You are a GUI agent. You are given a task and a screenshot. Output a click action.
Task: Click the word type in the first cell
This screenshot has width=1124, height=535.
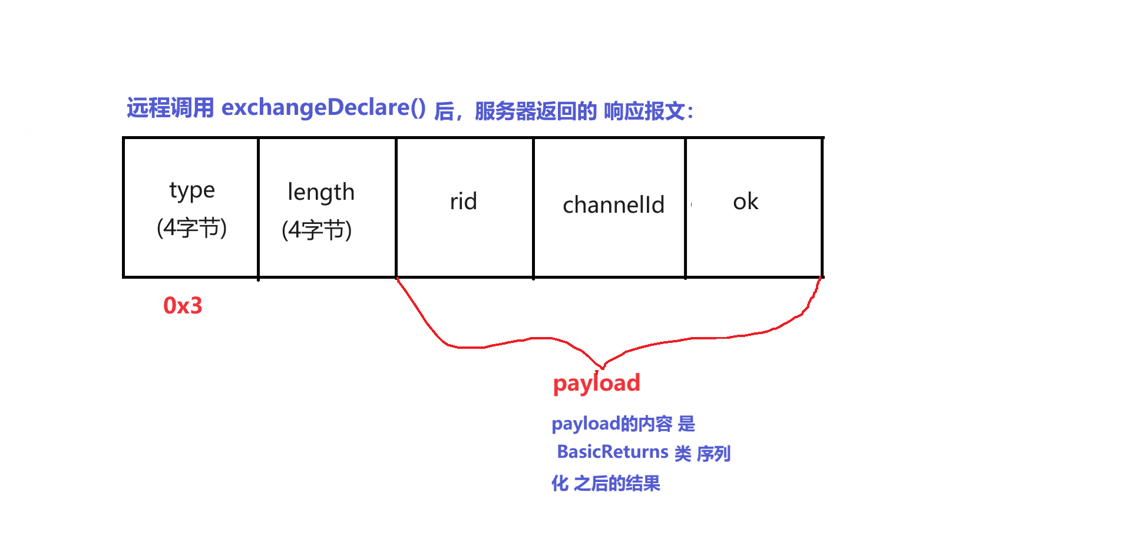pos(192,190)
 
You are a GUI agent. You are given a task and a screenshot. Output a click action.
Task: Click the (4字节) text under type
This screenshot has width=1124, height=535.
pos(191,227)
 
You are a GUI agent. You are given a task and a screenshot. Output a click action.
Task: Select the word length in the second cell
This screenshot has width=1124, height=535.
pos(321,193)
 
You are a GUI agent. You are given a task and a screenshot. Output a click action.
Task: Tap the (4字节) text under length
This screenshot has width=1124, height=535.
pos(316,230)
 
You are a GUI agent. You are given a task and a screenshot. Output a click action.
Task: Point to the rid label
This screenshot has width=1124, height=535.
pos(464,202)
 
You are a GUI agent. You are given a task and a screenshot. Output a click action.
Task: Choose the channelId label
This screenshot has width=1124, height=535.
pos(613,205)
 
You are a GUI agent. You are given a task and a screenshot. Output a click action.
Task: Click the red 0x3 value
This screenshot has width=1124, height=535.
pos(183,306)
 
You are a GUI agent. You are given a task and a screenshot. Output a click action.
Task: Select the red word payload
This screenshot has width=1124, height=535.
pos(596,384)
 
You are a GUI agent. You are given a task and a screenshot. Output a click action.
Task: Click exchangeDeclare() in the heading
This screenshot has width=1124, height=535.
pos(323,108)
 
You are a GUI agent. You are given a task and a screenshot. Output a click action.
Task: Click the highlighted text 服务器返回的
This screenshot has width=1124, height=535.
pos(535,111)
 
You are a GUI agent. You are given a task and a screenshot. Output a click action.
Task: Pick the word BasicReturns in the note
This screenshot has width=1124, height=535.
pos(613,452)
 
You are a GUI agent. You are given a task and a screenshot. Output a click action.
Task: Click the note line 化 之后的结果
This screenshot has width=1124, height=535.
pos(606,484)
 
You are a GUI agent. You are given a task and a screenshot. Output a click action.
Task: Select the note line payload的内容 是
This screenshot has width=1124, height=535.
pos(623,424)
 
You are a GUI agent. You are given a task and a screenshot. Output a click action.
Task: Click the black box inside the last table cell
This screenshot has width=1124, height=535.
pos(753,209)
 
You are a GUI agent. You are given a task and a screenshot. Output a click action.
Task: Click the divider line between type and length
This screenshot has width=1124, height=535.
pos(258,207)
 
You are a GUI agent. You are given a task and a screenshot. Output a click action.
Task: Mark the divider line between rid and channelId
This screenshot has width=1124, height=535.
pos(533,207)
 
